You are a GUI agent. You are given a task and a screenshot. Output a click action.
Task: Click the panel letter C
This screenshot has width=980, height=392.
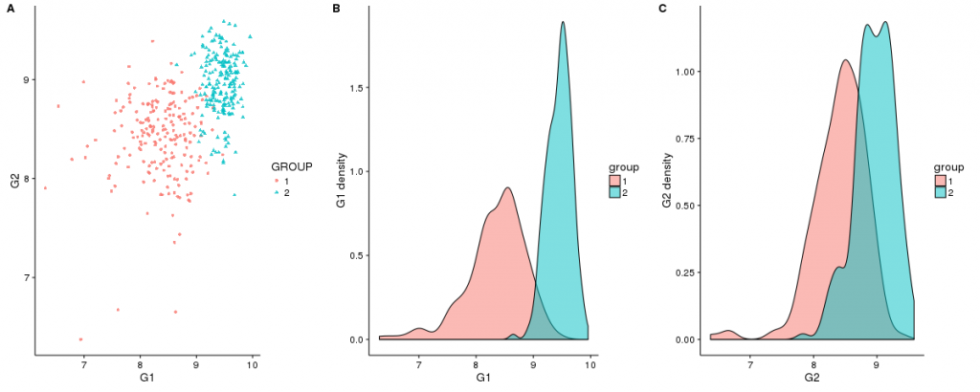pyautogui.click(x=663, y=9)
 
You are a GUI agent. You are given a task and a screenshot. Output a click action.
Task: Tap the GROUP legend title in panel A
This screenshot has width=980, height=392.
pyautogui.click(x=292, y=166)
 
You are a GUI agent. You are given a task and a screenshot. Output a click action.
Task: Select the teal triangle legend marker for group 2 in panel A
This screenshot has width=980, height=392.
pyautogui.click(x=278, y=193)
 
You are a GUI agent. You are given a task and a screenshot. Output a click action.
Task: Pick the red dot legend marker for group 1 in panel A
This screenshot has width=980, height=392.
pyautogui.click(x=278, y=181)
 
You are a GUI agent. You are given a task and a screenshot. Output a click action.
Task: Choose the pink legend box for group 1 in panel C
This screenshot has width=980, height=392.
pyautogui.click(x=942, y=180)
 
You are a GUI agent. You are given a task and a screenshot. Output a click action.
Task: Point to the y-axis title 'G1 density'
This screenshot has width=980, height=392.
pyautogui.click(x=343, y=176)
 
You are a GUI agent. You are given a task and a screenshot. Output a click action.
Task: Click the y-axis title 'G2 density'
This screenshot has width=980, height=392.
pyautogui.click(x=669, y=176)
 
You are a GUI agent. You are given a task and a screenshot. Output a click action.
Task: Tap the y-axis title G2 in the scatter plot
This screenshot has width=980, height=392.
pyautogui.click(x=15, y=178)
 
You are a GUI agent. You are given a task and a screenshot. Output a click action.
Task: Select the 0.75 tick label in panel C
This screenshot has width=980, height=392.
pyautogui.click(x=684, y=137)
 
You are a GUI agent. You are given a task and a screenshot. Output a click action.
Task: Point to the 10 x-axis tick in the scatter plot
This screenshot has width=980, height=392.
pyautogui.click(x=252, y=364)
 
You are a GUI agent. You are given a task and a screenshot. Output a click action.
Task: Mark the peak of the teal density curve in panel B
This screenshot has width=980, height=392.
pyautogui.click(x=563, y=22)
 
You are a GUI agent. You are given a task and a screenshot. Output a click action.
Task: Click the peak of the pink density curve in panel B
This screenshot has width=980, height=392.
pyautogui.click(x=507, y=187)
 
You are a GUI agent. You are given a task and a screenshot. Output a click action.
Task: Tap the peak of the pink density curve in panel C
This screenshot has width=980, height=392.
pyautogui.click(x=845, y=60)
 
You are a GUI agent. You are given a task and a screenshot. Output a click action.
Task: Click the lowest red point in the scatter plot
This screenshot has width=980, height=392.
pyautogui.click(x=80, y=339)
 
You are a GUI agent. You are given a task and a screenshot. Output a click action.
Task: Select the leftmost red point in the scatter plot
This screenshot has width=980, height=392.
pyautogui.click(x=44, y=187)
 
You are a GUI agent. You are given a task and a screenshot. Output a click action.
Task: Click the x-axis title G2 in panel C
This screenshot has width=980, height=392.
pyautogui.click(x=813, y=379)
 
